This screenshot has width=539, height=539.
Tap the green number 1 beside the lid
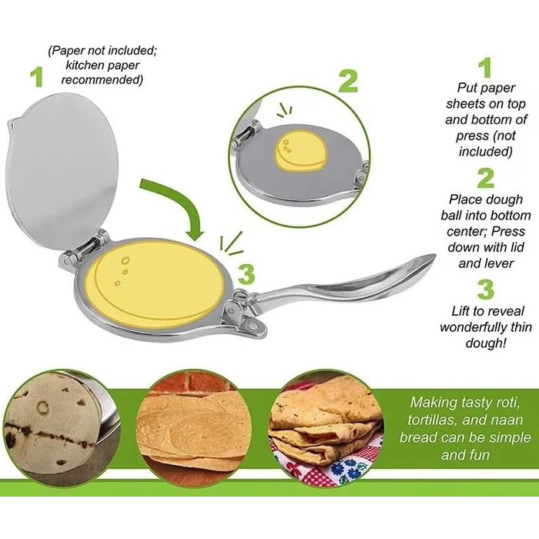(x=37, y=77)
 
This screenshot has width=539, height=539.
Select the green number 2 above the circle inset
(x=348, y=82)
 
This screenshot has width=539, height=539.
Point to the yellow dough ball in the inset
(x=300, y=151)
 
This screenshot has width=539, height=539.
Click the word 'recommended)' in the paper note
(x=102, y=80)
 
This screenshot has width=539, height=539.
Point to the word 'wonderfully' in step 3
(x=474, y=327)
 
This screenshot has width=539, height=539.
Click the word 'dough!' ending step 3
(x=486, y=343)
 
